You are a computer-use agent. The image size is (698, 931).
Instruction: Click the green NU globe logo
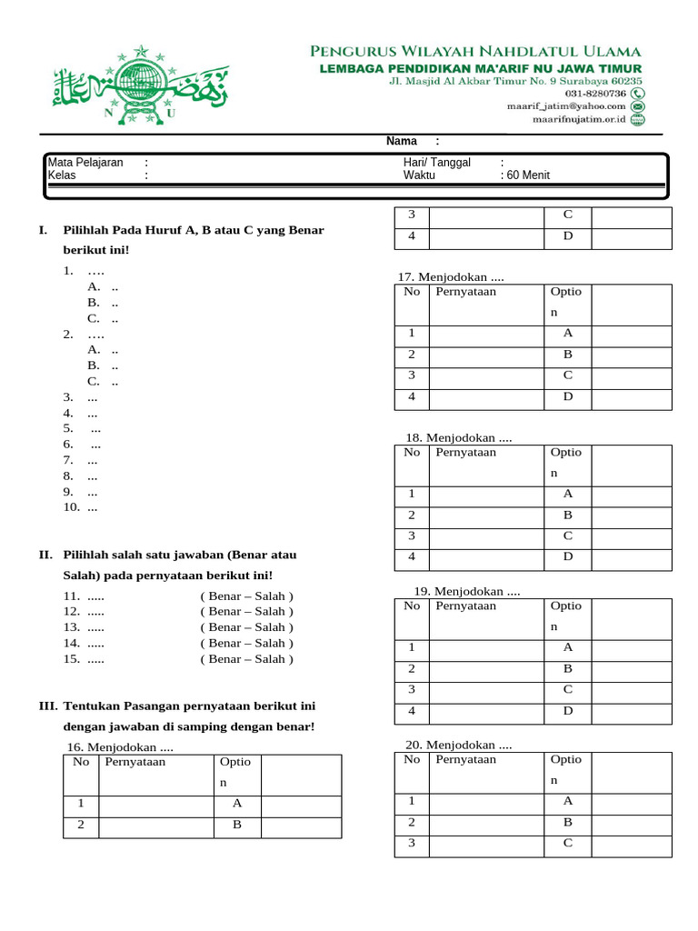pyautogui.click(x=141, y=83)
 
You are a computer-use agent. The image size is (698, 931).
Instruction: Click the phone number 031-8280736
pyautogui.click(x=594, y=93)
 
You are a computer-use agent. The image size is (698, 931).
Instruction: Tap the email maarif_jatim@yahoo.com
pyautogui.click(x=565, y=106)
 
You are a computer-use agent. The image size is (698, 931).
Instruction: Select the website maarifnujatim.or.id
pyautogui.click(x=579, y=119)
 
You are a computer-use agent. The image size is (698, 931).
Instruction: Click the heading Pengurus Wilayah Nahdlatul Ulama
pyautogui.click(x=475, y=52)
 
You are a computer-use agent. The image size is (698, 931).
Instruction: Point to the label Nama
pyautogui.click(x=401, y=141)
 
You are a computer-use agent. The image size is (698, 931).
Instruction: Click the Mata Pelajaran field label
pyautogui.click(x=85, y=163)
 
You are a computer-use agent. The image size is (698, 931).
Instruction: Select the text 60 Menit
pyautogui.click(x=528, y=175)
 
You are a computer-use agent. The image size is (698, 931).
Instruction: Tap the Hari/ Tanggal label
pyautogui.click(x=437, y=163)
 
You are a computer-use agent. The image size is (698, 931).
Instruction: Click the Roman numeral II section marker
pyautogui.click(x=45, y=555)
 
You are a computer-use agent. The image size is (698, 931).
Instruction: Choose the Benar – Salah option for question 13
pyautogui.click(x=247, y=627)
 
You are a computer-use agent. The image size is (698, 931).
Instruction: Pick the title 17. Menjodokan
pyautogui.click(x=451, y=277)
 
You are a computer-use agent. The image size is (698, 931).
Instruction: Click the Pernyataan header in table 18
pyautogui.click(x=465, y=452)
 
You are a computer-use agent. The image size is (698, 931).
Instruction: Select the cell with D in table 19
pyautogui.click(x=568, y=711)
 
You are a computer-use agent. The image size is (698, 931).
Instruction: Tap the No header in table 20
pyautogui.click(x=412, y=759)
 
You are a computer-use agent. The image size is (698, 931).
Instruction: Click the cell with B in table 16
pyautogui.click(x=237, y=826)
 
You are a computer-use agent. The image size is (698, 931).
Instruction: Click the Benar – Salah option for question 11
pyautogui.click(x=247, y=596)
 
